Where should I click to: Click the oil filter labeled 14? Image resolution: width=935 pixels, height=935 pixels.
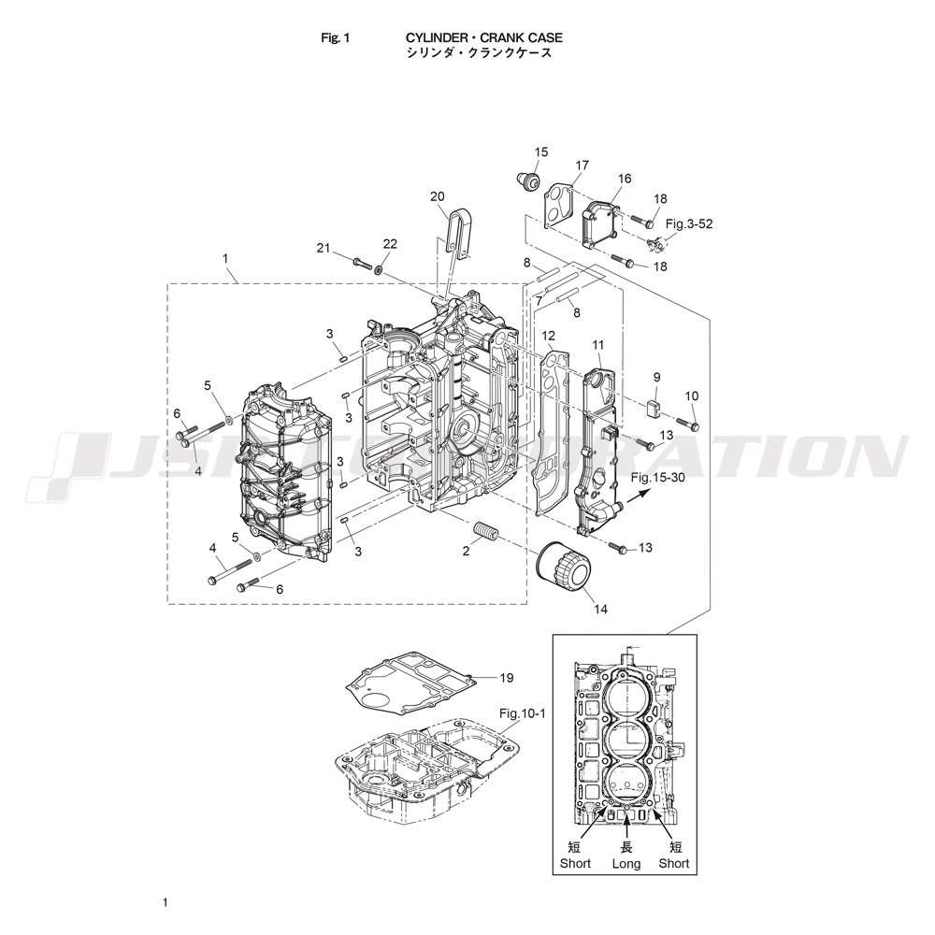click(x=563, y=566)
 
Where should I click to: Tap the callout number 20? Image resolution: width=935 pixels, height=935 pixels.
click(x=438, y=196)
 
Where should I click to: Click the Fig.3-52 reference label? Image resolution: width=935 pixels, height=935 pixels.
click(x=689, y=224)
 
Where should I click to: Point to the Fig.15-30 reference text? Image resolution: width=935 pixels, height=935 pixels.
click(x=657, y=478)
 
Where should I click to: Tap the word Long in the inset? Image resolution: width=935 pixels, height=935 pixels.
click(x=626, y=863)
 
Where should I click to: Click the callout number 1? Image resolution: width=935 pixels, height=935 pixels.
click(x=225, y=258)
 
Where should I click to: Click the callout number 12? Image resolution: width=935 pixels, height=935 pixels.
click(x=549, y=337)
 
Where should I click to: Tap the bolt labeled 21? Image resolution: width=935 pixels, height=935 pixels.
click(x=362, y=263)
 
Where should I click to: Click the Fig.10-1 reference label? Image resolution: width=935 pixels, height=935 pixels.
click(x=523, y=712)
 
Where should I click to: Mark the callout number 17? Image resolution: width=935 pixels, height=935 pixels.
click(x=582, y=165)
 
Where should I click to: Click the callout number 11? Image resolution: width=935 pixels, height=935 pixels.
click(x=598, y=345)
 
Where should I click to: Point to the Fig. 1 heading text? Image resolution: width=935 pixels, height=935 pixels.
click(x=335, y=38)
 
